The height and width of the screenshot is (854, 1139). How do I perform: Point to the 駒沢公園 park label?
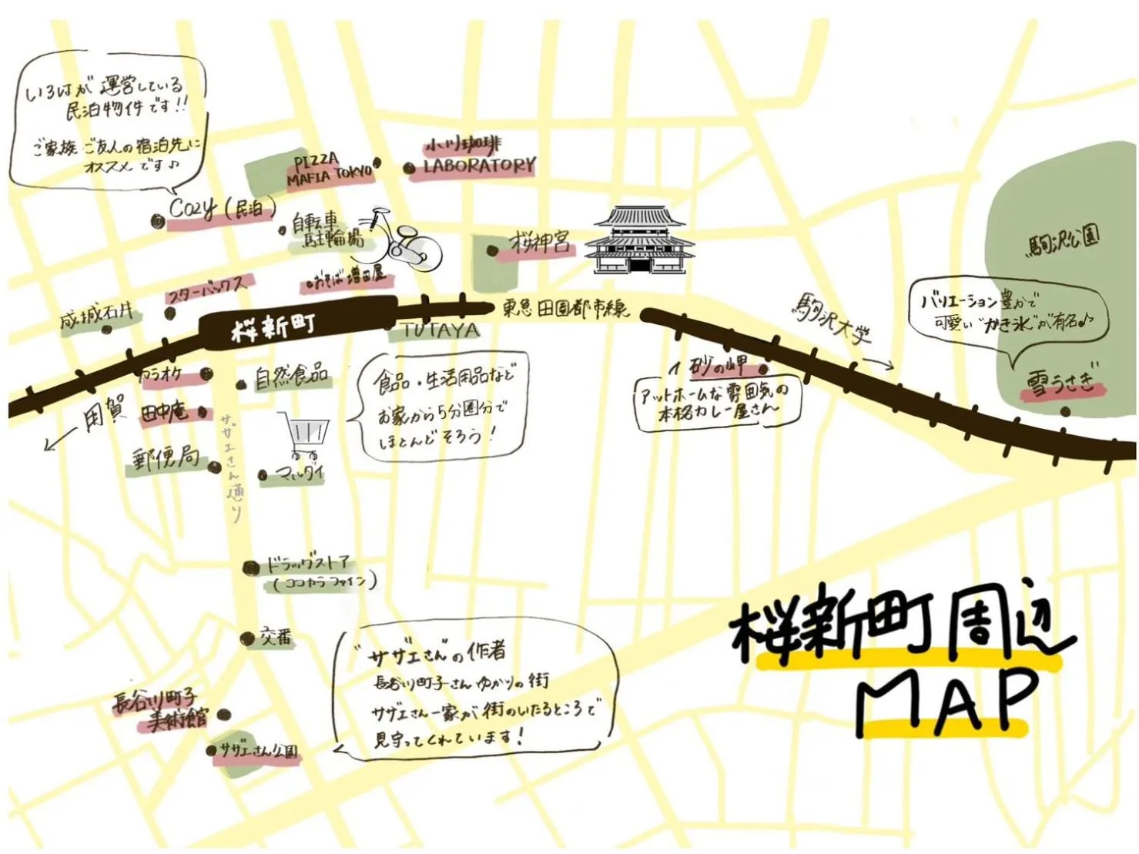(1063, 241)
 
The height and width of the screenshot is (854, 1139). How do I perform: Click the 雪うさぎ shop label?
(1060, 383)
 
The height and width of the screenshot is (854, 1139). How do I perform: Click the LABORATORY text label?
(479, 166)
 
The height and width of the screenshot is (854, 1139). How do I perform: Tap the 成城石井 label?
(97, 316)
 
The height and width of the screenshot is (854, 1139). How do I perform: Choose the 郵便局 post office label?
(166, 459)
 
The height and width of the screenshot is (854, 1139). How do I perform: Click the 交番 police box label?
(276, 637)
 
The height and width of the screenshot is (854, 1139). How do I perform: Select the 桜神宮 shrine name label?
(541, 243)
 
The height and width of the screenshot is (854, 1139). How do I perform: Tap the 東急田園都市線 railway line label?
(566, 309)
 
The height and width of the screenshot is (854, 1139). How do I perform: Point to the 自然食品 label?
(291, 377)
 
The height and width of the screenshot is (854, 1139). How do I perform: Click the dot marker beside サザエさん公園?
(212, 749)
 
